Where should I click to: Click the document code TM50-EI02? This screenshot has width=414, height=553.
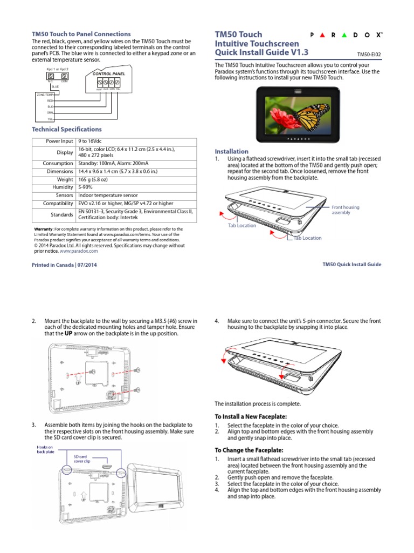369,55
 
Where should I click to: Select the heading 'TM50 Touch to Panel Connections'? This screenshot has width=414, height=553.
81,34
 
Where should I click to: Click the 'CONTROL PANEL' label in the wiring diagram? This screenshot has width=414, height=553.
109,73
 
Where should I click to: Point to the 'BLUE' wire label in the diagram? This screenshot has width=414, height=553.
55,86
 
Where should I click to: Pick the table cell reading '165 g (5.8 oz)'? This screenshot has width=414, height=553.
98,179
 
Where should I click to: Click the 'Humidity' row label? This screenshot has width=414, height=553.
63,187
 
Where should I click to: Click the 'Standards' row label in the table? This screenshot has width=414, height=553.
61,215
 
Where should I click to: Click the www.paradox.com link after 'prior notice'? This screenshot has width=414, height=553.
79,251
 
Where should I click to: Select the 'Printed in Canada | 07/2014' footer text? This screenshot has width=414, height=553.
65,265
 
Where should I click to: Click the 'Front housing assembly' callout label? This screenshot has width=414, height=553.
345,210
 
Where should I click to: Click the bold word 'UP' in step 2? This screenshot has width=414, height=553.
68,333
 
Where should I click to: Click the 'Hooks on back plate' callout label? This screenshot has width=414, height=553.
45,450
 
